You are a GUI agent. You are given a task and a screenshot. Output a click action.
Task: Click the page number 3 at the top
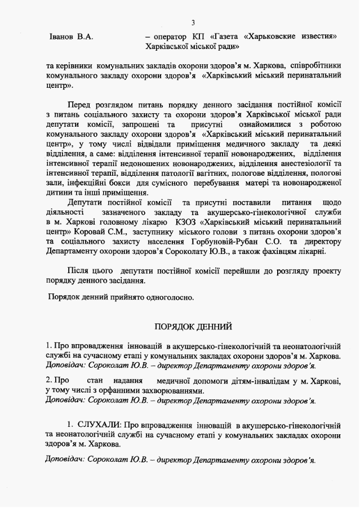coord(193,23)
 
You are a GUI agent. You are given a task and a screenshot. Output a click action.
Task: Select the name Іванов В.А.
coord(70,37)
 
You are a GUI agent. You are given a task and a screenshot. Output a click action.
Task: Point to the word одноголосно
coord(168,297)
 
